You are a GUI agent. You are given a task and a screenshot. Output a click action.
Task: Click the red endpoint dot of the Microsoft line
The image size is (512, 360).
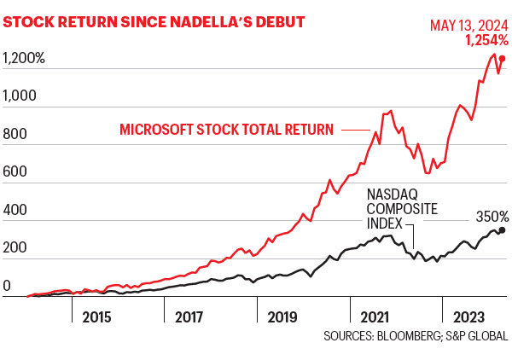pyautogui.click(x=502, y=59)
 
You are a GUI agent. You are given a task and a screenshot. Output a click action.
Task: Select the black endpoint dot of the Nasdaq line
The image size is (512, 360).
pyautogui.click(x=502, y=229)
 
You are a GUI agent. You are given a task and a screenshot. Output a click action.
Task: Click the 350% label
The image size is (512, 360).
pyautogui.click(x=492, y=217)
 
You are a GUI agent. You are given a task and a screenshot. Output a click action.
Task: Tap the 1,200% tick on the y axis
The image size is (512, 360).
pyautogui.click(x=24, y=59)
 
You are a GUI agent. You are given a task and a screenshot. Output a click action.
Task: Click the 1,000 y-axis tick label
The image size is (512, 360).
pyautogui.click(x=20, y=96)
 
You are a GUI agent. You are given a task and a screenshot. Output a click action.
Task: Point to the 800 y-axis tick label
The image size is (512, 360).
pyautogui.click(x=16, y=135)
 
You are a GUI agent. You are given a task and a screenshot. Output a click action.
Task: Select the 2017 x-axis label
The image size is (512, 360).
pyautogui.click(x=189, y=316)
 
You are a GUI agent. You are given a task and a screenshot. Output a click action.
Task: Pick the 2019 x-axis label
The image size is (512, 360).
pyautogui.click(x=282, y=316)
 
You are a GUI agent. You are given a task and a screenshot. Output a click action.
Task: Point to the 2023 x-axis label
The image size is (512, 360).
pyautogui.click(x=468, y=316)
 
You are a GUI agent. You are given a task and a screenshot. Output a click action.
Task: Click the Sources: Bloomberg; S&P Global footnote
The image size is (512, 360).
pyautogui.click(x=415, y=336)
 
